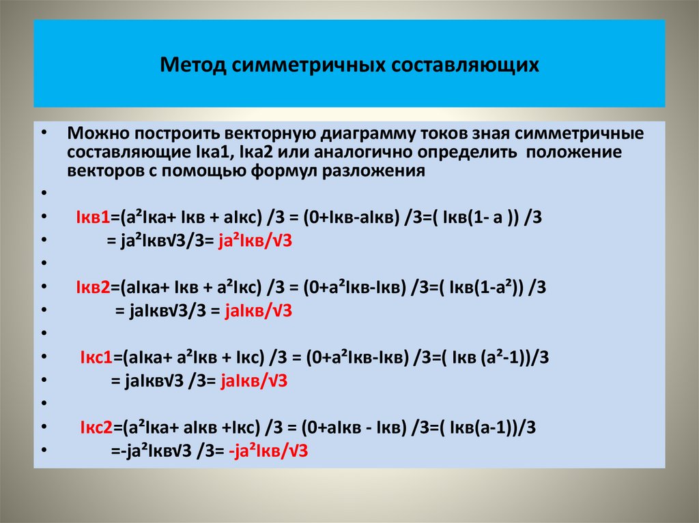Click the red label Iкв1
(x=93, y=218)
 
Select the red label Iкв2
(x=93, y=288)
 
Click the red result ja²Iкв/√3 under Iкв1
(x=255, y=241)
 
